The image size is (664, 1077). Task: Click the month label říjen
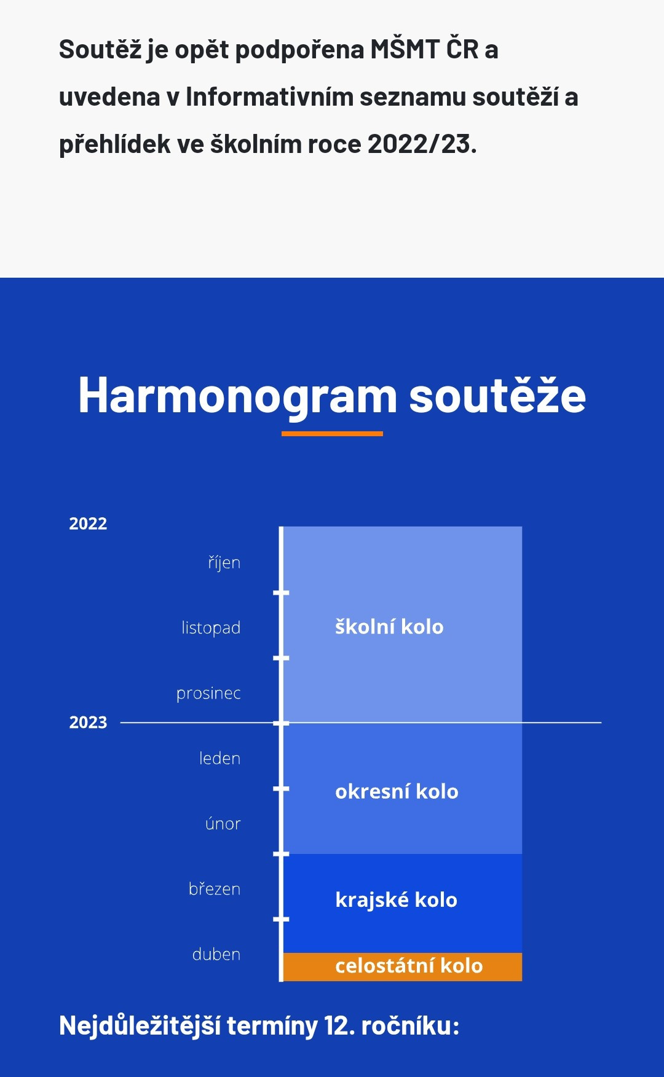pyautogui.click(x=224, y=563)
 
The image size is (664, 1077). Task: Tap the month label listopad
pyautogui.click(x=211, y=628)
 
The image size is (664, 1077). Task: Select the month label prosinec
pyautogui.click(x=208, y=694)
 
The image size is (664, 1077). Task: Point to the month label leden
pyautogui.click(x=219, y=758)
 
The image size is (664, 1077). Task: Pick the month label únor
pyautogui.click(x=223, y=823)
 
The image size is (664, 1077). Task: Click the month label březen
pyautogui.click(x=215, y=888)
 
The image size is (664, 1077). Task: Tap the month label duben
pyautogui.click(x=216, y=954)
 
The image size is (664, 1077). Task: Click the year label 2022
pyautogui.click(x=88, y=523)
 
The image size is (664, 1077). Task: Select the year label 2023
pyautogui.click(x=88, y=722)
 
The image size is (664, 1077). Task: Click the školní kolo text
pyautogui.click(x=389, y=627)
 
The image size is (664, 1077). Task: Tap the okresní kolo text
pyautogui.click(x=397, y=791)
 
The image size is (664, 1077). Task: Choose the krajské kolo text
pyautogui.click(x=396, y=900)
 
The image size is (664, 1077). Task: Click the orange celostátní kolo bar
pyautogui.click(x=403, y=966)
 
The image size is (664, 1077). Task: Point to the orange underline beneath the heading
pyautogui.click(x=332, y=434)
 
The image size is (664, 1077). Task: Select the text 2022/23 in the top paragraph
pyautogui.click(x=422, y=144)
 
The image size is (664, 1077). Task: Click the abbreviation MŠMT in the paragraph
pyautogui.click(x=405, y=49)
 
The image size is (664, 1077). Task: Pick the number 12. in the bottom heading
pyautogui.click(x=339, y=1026)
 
